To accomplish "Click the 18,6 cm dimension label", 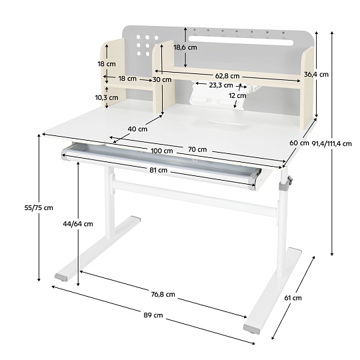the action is coord(185,47).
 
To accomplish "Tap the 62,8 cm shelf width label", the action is coord(227,76).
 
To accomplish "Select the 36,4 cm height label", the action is coord(316,75).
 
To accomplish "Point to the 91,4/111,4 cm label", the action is coord(331,144).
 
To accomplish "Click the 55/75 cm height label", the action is coord(39,208).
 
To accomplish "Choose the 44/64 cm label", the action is coord(78,224).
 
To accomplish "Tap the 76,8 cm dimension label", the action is coord(163,294).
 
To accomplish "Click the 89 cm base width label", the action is coord(153,315).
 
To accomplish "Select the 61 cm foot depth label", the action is coord(293,298).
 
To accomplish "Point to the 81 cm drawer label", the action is coord(159,170).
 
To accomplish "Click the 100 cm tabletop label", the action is coord(162,151).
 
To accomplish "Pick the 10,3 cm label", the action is coord(107,97).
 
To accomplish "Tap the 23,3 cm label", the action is coord(221,85).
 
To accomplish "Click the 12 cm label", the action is coord(237,95).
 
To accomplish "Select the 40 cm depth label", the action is coord(137,129).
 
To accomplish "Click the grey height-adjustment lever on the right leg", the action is coord(290,181).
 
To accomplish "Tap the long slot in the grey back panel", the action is coord(241,40).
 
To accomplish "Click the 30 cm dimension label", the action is coord(162,80).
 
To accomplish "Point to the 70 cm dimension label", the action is coord(197,149).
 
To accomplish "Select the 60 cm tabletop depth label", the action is coord(299,143).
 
